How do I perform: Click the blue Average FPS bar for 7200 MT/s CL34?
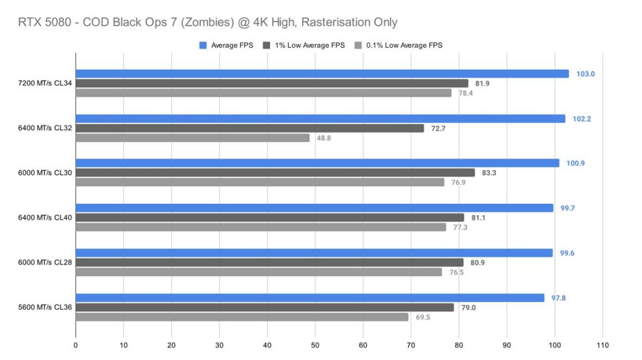click(322, 74)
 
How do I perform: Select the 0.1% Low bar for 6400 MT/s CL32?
click(192, 138)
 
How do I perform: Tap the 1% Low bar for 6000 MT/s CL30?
click(275, 172)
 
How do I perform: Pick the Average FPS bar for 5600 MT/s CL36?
click(310, 298)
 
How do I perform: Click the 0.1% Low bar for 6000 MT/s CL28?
click(259, 272)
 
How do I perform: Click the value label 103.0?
click(586, 74)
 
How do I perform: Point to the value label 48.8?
click(324, 138)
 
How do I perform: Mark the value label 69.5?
click(423, 317)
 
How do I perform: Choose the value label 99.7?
click(567, 208)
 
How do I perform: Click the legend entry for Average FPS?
click(226, 45)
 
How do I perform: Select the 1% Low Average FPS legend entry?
click(305, 45)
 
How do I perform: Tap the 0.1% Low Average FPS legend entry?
click(397, 45)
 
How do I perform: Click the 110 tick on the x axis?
click(603, 346)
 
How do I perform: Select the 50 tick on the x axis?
click(315, 346)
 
